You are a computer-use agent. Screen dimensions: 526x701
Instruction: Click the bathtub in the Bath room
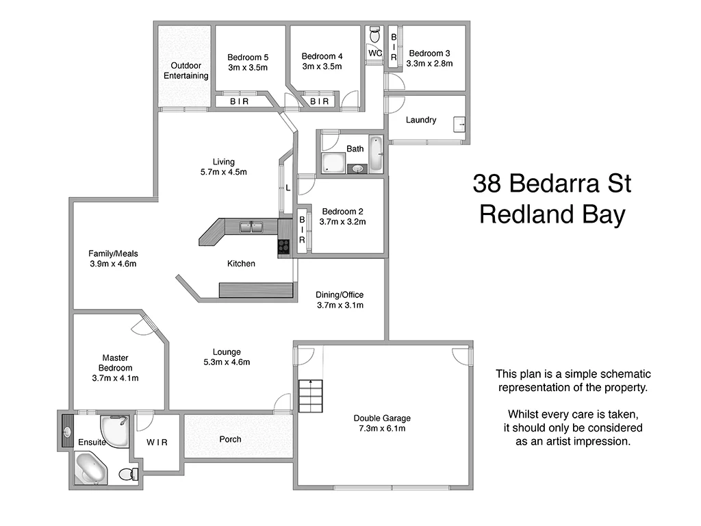(x=376, y=154)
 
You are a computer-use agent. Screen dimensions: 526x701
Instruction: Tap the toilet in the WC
(x=374, y=34)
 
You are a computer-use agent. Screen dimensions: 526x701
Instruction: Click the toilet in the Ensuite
(x=127, y=474)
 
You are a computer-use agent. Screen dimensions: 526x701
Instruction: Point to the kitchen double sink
(x=251, y=226)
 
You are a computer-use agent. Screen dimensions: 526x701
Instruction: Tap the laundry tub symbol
(x=460, y=125)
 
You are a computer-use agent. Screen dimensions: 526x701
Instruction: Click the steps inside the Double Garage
(x=310, y=397)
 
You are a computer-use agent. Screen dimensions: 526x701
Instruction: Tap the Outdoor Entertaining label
(x=186, y=71)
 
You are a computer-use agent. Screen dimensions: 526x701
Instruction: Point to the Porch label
(x=230, y=439)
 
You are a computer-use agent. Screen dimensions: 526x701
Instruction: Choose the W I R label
(x=157, y=442)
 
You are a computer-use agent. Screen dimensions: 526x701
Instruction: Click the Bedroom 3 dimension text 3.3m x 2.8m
(x=429, y=64)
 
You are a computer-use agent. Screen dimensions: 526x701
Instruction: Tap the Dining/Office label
(x=340, y=295)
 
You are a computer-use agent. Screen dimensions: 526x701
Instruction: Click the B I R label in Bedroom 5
(x=239, y=101)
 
